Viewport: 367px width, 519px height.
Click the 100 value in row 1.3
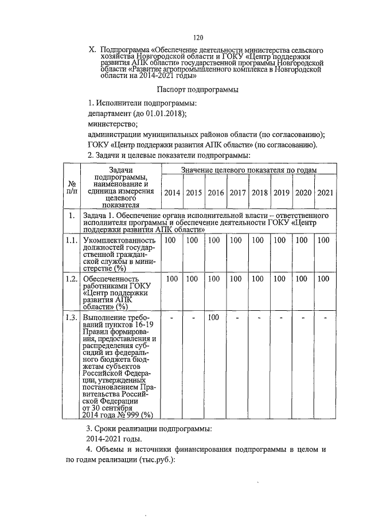tap(214, 317)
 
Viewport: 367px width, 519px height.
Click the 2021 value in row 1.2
tap(323, 279)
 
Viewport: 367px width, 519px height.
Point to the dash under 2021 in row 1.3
tap(325, 317)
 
